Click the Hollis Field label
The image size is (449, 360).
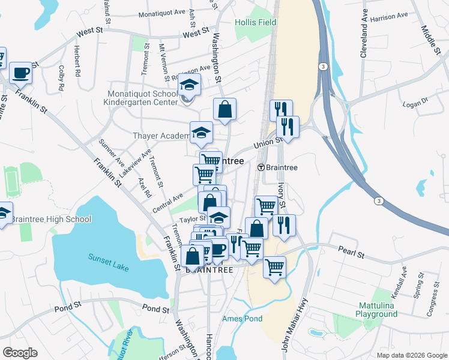(x=256, y=22)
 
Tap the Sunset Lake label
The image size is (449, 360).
(x=109, y=257)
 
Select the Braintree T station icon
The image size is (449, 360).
(x=261, y=167)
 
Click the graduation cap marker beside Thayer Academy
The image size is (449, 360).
(x=201, y=133)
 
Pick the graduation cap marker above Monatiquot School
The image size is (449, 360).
(x=189, y=85)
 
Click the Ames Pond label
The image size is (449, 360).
(x=242, y=318)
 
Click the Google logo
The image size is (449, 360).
(x=20, y=352)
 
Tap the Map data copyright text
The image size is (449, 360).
(x=411, y=355)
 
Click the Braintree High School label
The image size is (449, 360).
(x=51, y=219)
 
